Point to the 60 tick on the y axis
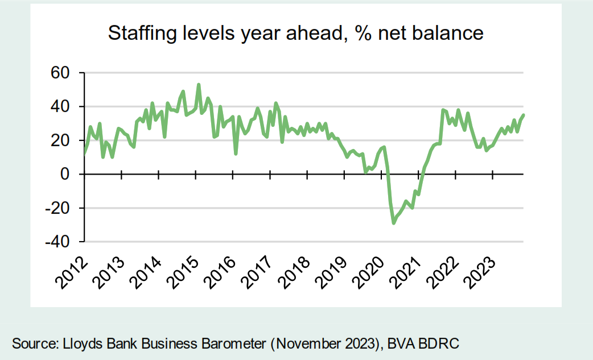[60, 73]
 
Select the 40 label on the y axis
[60, 107]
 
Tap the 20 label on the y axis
[60, 140]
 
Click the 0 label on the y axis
[65, 174]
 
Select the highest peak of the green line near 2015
[199, 85]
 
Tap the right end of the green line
[524, 115]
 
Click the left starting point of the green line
[85, 154]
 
